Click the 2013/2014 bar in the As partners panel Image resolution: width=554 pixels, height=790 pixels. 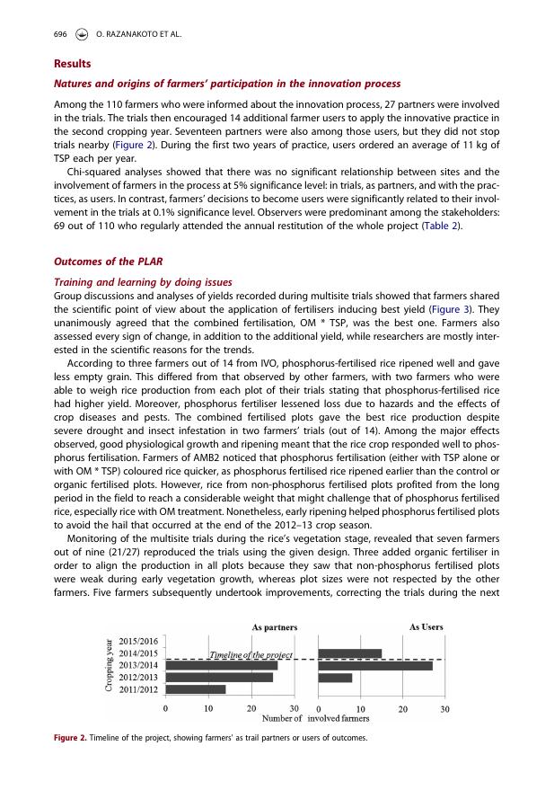click(221, 665)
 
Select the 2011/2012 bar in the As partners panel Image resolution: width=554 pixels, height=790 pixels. click(195, 689)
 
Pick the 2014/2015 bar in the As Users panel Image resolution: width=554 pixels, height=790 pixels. click(349, 652)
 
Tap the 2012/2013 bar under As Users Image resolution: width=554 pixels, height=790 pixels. click(334, 677)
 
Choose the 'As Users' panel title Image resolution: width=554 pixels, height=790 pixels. click(426, 626)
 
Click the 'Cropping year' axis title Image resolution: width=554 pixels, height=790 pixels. click(111, 665)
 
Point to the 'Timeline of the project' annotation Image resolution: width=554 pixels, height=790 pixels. click(250, 655)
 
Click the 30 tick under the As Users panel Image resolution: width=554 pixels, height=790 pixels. click(444, 708)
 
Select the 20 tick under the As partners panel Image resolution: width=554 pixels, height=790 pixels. click(251, 708)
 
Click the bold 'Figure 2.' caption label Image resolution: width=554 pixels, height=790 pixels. click(70, 738)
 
